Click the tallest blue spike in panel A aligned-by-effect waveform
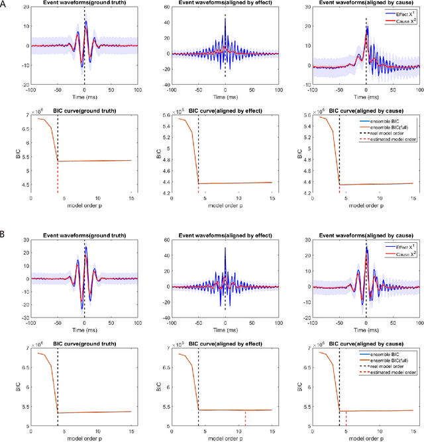(225, 24)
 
